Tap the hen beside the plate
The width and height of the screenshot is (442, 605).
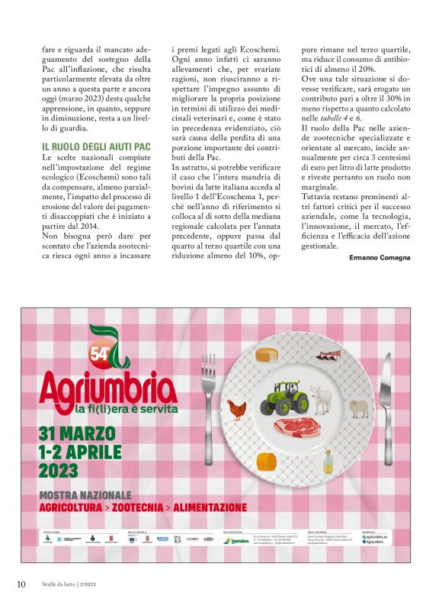tap(238, 409)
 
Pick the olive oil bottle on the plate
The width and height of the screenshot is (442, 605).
tap(328, 460)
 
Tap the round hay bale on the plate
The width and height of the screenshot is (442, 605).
tap(265, 462)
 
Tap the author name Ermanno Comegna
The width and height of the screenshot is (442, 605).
tap(380, 258)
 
